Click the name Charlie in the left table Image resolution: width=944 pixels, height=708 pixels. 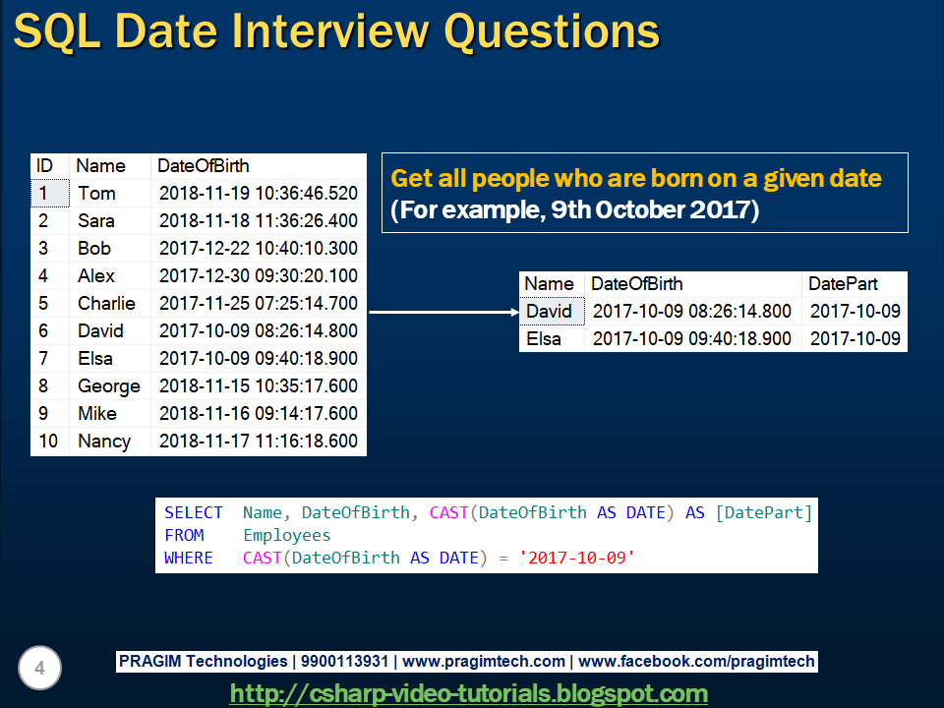point(106,304)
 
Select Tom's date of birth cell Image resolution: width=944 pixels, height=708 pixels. point(258,194)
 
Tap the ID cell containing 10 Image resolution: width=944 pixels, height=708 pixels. point(48,442)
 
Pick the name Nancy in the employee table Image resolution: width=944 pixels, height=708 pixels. point(104,442)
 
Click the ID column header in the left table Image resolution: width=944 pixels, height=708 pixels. point(44,166)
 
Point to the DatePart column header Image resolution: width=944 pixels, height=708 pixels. point(843,284)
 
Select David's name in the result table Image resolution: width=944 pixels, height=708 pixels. point(549,312)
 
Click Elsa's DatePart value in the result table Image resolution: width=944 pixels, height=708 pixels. point(855,339)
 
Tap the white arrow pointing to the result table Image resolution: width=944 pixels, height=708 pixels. point(442,313)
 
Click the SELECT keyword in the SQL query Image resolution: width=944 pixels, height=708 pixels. point(194,512)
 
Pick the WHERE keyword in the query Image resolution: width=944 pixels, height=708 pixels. point(189,558)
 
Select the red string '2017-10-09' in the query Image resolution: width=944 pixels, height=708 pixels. point(576,558)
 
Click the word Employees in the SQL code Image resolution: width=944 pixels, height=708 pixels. point(287,535)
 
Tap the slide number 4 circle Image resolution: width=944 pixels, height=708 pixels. point(39,669)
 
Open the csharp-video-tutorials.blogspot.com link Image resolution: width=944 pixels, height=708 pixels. point(468,693)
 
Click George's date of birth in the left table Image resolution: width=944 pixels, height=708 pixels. point(258,386)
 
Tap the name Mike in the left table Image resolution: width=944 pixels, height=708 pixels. point(97,414)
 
